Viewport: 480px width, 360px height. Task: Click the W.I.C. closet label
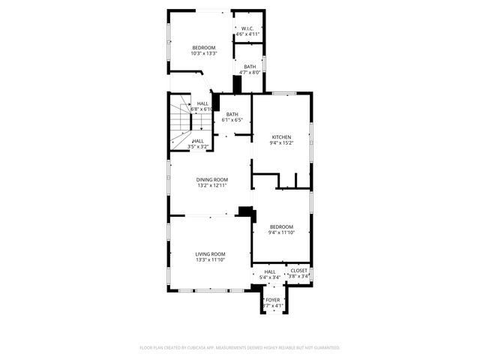click(x=247, y=28)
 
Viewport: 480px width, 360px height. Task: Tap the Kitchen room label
click(x=281, y=136)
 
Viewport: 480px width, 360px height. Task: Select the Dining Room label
click(x=211, y=179)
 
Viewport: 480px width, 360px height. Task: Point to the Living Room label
click(x=210, y=254)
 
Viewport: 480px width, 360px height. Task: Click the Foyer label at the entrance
click(x=273, y=300)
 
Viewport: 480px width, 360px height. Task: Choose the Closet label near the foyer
click(x=298, y=271)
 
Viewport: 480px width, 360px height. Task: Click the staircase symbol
click(x=180, y=124)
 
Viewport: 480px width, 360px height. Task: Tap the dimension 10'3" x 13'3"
click(x=203, y=53)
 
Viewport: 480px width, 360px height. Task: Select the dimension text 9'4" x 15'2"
click(x=281, y=142)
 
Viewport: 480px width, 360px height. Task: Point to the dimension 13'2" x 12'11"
click(x=211, y=185)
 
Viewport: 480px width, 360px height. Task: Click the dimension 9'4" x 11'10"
click(x=281, y=232)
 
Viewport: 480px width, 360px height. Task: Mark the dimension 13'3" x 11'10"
click(x=210, y=260)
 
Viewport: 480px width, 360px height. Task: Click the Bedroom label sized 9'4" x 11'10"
click(x=281, y=226)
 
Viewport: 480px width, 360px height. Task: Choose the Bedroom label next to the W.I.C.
click(x=203, y=47)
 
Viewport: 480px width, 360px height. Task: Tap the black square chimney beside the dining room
click(x=244, y=211)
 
